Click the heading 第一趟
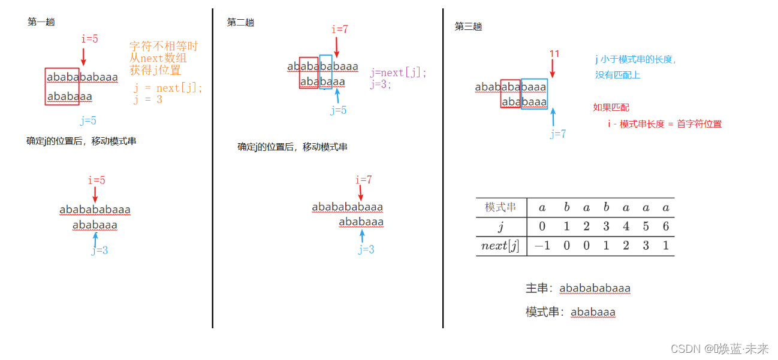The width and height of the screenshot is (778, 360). (41, 22)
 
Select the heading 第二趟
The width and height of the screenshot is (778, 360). (240, 22)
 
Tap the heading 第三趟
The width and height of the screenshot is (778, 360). (468, 26)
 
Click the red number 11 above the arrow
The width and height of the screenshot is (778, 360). (554, 54)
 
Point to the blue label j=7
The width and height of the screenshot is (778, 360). (558, 134)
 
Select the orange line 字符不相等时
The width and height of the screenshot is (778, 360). (164, 46)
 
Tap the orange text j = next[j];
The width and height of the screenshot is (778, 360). (168, 87)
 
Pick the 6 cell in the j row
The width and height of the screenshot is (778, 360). (665, 226)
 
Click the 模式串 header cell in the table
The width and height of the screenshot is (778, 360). (500, 207)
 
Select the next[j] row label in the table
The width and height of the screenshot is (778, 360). (500, 246)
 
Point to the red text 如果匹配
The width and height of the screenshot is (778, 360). (611, 107)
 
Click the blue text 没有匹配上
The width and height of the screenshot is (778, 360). (618, 75)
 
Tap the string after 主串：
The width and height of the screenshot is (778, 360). (595, 289)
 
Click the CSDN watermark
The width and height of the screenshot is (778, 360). (719, 349)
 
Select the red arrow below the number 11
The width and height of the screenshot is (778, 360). (553, 68)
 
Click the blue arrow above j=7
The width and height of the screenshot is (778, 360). (553, 117)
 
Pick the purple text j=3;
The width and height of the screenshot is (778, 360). (381, 84)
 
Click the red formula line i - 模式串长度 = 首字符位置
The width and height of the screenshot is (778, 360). (664, 124)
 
